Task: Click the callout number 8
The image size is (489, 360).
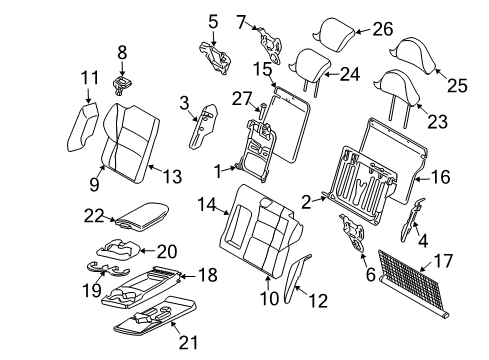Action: pyautogui.click(x=122, y=50)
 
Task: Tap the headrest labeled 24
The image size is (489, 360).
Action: pyautogui.click(x=306, y=66)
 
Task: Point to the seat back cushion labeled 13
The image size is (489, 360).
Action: pyautogui.click(x=130, y=145)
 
